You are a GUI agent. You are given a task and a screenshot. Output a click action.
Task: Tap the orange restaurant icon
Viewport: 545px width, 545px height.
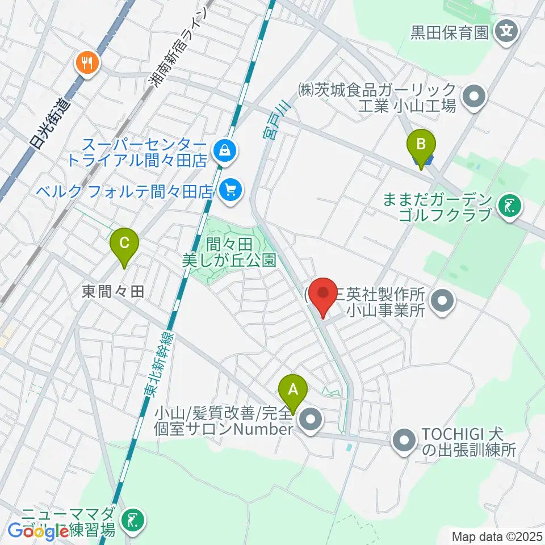(x=87, y=62)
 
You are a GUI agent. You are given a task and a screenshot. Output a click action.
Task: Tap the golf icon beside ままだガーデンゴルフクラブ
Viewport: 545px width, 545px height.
(x=508, y=207)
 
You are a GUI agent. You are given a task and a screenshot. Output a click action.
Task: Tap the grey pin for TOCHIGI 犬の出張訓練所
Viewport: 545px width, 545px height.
(x=405, y=443)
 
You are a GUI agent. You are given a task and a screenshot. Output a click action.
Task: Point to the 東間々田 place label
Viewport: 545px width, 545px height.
(x=113, y=292)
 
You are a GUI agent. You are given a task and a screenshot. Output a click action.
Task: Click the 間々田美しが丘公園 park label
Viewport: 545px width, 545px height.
(x=229, y=253)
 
